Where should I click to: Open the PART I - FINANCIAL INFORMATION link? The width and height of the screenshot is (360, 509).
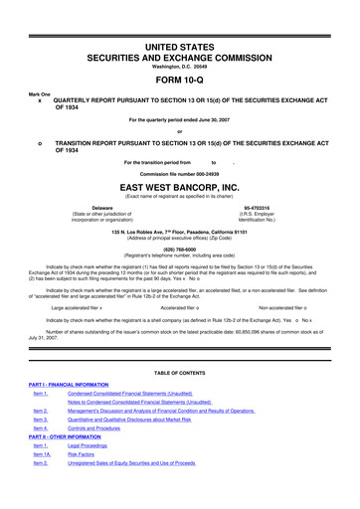pos(66,383)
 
